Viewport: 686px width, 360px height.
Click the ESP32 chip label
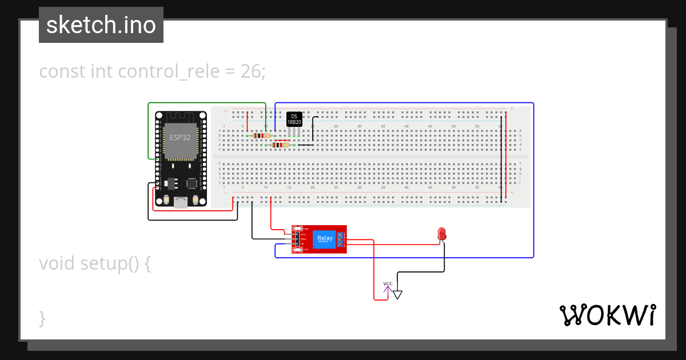click(x=180, y=137)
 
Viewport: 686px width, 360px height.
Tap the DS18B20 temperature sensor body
click(x=294, y=119)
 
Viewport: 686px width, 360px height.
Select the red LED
click(x=442, y=234)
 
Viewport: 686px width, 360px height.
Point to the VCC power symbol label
click(x=388, y=284)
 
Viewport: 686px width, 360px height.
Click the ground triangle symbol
click(x=397, y=295)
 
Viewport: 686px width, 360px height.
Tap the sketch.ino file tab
click(x=101, y=25)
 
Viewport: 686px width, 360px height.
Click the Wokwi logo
click(x=607, y=315)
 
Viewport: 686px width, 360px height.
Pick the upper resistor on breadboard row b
click(x=261, y=135)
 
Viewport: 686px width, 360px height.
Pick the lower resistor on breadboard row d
click(x=280, y=145)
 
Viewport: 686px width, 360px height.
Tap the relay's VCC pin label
click(x=303, y=234)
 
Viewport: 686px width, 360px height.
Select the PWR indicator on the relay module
click(x=298, y=228)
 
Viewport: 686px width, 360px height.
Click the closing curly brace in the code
click(x=42, y=318)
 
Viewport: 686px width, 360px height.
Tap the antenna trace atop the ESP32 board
click(x=181, y=117)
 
